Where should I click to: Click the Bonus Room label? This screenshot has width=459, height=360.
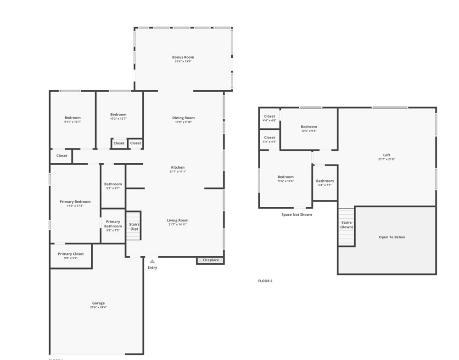[183, 57]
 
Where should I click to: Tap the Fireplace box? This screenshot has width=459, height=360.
[211, 260]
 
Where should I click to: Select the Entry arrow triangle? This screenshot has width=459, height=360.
[152, 261]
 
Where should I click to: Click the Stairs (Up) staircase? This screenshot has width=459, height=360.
[134, 226]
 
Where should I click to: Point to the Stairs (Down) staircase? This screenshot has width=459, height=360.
[347, 227]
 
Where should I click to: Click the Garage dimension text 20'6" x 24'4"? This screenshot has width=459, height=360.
[98, 308]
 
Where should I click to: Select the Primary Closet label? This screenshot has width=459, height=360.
[71, 254]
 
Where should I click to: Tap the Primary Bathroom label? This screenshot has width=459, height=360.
[113, 224]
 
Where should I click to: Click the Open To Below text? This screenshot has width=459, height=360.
[392, 237]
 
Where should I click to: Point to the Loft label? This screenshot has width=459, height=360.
[386, 155]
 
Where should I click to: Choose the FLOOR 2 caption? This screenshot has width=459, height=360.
[265, 281]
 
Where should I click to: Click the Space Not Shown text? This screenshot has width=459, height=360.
[297, 214]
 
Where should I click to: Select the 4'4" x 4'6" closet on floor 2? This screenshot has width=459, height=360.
[269, 118]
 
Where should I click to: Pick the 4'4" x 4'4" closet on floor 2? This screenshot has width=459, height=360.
[269, 139]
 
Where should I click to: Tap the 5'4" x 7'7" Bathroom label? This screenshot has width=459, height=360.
[325, 183]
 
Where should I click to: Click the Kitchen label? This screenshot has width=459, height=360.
[178, 167]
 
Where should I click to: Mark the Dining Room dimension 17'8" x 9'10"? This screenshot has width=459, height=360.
[183, 122]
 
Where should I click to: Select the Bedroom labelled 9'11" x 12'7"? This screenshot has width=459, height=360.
[73, 120]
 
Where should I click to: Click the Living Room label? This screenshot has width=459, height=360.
[178, 220]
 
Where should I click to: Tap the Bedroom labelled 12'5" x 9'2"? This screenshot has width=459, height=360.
[309, 128]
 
